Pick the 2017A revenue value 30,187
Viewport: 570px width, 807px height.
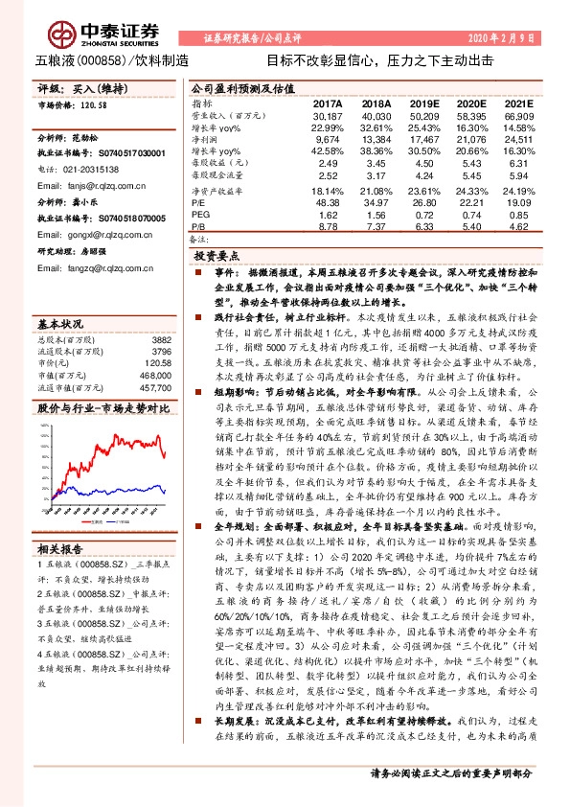click(x=327, y=115)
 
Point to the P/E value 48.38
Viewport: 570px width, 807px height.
click(x=327, y=203)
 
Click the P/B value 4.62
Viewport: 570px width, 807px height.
click(x=517, y=227)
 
